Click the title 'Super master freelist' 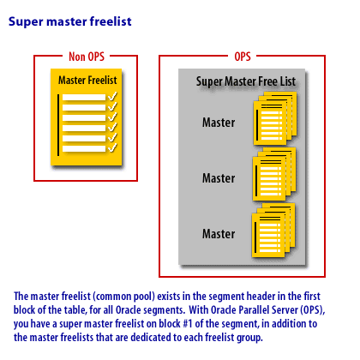tap(70, 21)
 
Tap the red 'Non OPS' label tap(87, 57)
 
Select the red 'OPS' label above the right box tap(243, 57)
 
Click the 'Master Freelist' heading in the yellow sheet tap(87, 81)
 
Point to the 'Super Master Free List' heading tap(246, 81)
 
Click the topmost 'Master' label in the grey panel tap(219, 123)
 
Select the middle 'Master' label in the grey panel tap(219, 178)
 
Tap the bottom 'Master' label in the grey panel tap(219, 234)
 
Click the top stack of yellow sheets tap(275, 118)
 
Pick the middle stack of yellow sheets tap(274, 174)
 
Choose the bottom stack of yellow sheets tap(273, 231)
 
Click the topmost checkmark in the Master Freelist tap(112, 96)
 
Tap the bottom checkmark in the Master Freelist tap(112, 147)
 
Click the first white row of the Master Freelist tap(84, 98)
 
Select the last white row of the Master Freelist tap(84, 149)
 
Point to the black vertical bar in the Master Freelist tap(58, 125)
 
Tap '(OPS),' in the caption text tap(313, 310)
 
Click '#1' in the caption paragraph tap(188, 324)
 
